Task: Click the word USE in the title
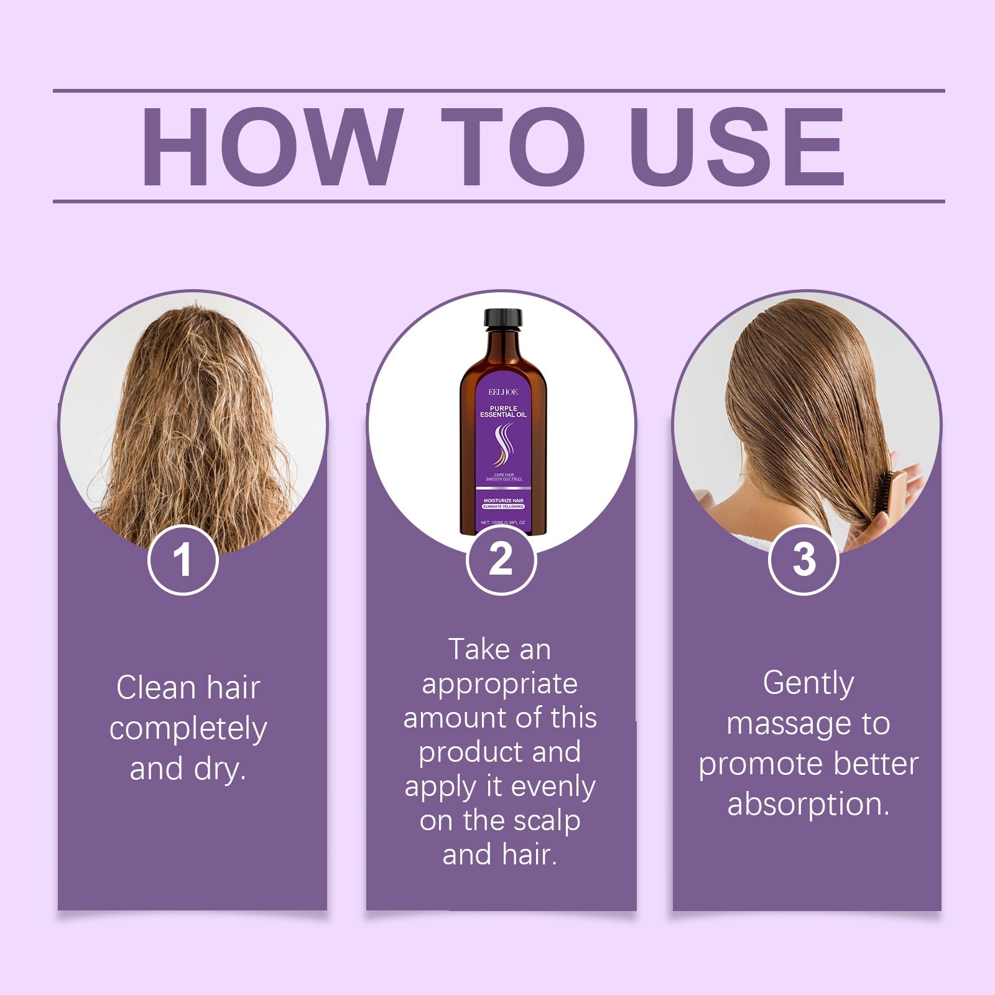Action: (x=736, y=147)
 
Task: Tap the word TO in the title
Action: (x=513, y=147)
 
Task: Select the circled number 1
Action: (x=183, y=560)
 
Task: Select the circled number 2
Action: (x=501, y=560)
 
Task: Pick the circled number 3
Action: (x=803, y=560)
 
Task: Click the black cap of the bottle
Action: (x=503, y=318)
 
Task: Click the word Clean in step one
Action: (x=155, y=688)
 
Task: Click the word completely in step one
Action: (x=188, y=729)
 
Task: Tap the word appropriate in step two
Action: (x=500, y=684)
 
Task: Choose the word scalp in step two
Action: (x=547, y=821)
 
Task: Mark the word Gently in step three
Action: (x=808, y=683)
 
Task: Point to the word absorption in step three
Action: (x=808, y=804)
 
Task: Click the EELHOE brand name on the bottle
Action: (x=502, y=392)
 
